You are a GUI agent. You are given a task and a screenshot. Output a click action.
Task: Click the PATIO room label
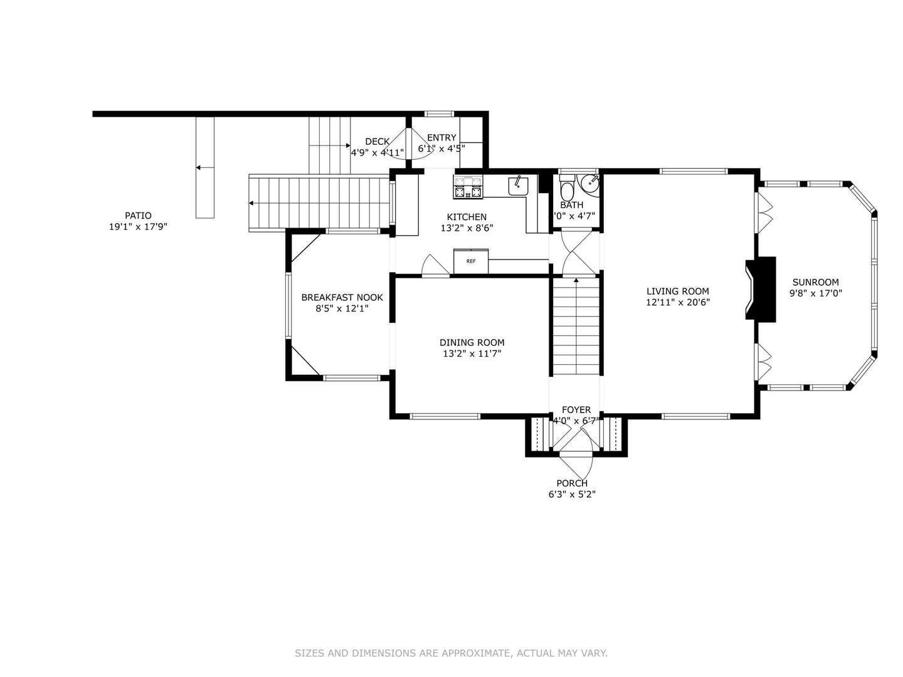pyautogui.click(x=138, y=216)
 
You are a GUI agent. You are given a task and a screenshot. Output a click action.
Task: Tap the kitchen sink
pyautogui.click(x=518, y=186)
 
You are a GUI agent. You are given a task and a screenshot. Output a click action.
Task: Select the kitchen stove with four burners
pyautogui.click(x=468, y=187)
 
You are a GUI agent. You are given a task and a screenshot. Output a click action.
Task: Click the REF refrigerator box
pyautogui.click(x=470, y=261)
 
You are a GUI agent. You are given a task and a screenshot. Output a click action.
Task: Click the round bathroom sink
pyautogui.click(x=589, y=184)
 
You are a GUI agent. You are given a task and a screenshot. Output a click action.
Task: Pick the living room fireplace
pyautogui.click(x=759, y=288)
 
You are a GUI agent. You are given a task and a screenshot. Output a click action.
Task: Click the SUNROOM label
pyautogui.click(x=815, y=282)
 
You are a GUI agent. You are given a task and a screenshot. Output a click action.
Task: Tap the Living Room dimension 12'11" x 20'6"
pyautogui.click(x=678, y=302)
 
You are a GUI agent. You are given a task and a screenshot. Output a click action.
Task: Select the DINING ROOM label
pyautogui.click(x=472, y=342)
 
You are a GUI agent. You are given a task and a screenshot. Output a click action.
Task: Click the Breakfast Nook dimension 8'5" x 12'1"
pyautogui.click(x=342, y=308)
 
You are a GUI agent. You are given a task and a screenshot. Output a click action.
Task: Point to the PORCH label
pyautogui.click(x=572, y=483)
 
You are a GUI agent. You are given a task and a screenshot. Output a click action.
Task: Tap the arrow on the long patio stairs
pyautogui.click(x=251, y=203)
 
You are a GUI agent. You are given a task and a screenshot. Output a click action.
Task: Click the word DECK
pyautogui.click(x=377, y=142)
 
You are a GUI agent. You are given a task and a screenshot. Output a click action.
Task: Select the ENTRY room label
pyautogui.click(x=441, y=138)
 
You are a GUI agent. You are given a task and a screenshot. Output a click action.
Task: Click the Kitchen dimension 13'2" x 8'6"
pyautogui.click(x=467, y=228)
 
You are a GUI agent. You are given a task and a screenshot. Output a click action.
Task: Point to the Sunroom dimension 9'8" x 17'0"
pyautogui.click(x=815, y=293)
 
